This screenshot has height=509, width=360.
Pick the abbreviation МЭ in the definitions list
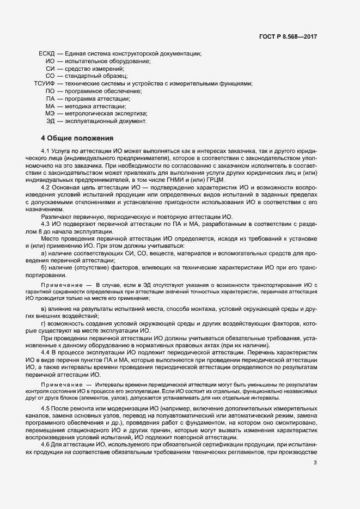[50, 114]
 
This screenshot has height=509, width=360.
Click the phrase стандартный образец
[96, 76]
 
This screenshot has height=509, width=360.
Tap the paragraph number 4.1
[46, 150]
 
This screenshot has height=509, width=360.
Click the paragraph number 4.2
[46, 187]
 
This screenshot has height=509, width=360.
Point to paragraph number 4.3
[46, 224]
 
